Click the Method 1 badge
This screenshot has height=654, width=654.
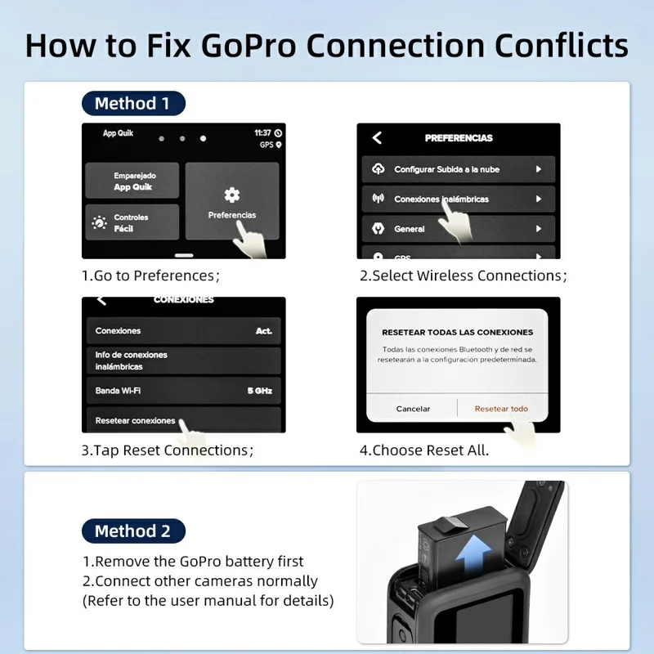(x=132, y=103)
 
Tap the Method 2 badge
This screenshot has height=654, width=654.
(x=132, y=531)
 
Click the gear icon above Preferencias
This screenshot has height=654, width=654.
(x=232, y=195)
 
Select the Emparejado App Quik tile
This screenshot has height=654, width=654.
(x=132, y=181)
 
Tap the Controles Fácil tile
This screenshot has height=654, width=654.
(x=132, y=222)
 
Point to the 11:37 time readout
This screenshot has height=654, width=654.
(x=262, y=132)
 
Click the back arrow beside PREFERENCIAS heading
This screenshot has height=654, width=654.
(x=377, y=138)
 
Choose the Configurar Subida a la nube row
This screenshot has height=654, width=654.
(x=459, y=169)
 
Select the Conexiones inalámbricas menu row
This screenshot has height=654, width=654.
(x=459, y=199)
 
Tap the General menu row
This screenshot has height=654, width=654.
(x=459, y=229)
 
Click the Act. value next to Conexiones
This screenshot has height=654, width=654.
(x=263, y=331)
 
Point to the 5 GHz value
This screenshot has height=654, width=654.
(x=259, y=391)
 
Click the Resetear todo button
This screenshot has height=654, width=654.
(x=501, y=408)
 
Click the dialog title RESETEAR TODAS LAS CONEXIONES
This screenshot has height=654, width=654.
(x=457, y=333)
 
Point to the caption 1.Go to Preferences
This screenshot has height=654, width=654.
(x=150, y=275)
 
